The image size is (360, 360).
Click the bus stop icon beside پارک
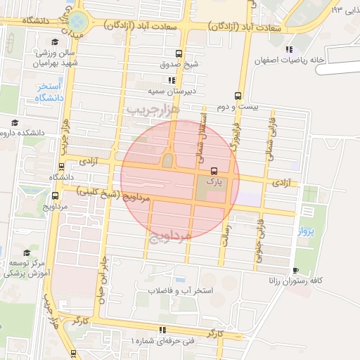point(214,170)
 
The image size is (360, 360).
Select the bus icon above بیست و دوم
point(238,96)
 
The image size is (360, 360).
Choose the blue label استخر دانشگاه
point(49,92)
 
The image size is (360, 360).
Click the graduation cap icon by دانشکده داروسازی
point(15,123)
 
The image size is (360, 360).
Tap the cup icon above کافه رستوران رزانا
point(296,269)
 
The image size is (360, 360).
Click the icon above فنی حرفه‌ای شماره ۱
point(162,330)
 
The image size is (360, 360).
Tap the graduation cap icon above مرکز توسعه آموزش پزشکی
point(27,252)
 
